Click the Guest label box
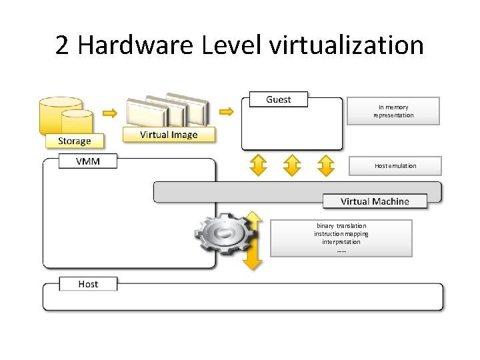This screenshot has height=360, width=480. [x=279, y=99]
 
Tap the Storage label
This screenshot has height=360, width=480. [x=75, y=141]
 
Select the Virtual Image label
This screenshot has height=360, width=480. [x=169, y=135]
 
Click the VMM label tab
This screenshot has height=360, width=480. [x=88, y=161]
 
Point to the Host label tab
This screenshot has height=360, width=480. [x=88, y=284]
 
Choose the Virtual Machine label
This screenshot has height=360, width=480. [x=375, y=201]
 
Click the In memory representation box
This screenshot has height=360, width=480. [x=393, y=111]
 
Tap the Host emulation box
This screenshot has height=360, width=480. [x=395, y=166]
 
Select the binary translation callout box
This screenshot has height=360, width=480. [x=341, y=238]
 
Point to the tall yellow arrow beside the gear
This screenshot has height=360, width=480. [x=252, y=240]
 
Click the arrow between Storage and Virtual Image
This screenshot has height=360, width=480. [x=110, y=113]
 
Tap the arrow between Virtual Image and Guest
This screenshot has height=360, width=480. [x=227, y=111]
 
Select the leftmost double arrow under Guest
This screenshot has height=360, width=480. [x=258, y=165]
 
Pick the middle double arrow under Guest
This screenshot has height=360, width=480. [x=292, y=165]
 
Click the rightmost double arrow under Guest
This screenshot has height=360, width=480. [x=325, y=165]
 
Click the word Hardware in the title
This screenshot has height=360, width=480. [x=134, y=45]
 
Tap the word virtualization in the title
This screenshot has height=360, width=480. [x=346, y=45]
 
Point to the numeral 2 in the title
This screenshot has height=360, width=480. [x=62, y=45]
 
